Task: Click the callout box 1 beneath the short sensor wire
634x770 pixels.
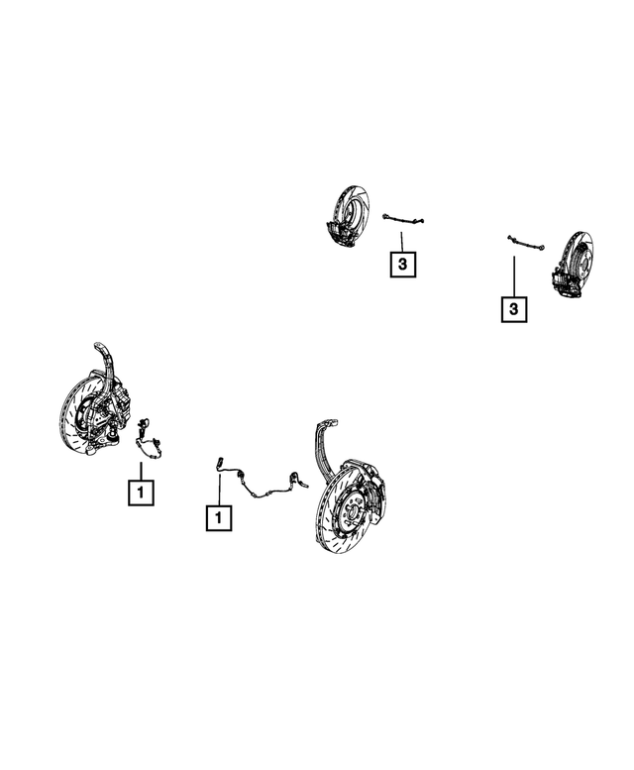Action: coord(141,491)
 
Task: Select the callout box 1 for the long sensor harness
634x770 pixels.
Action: coord(219,517)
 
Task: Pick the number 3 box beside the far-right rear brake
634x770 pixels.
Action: coord(514,310)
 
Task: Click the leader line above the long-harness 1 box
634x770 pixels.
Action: coord(219,488)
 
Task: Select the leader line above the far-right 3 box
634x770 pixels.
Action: coord(514,276)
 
